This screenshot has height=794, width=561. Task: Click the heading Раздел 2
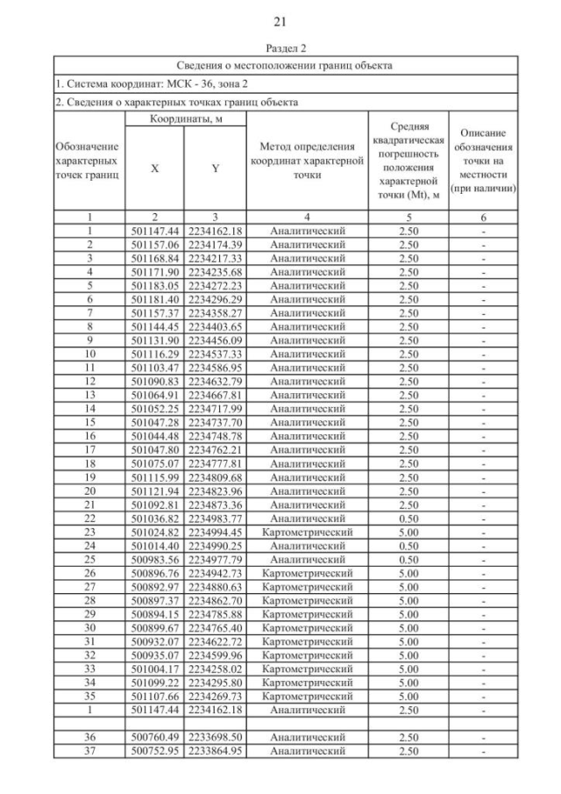(x=280, y=48)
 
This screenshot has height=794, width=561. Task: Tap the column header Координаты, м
(x=185, y=119)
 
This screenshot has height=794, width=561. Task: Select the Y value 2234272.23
(x=215, y=287)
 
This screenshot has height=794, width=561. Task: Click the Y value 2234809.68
(x=215, y=477)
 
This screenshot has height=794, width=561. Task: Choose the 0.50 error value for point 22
(x=408, y=519)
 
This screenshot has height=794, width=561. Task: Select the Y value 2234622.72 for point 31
(x=215, y=642)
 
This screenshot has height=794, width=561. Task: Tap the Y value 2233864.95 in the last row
(x=215, y=752)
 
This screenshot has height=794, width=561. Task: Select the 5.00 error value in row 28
(x=408, y=601)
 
